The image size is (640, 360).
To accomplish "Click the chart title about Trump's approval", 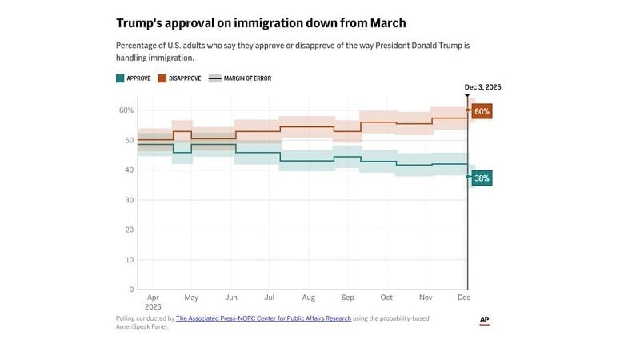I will pyautogui.click(x=261, y=23).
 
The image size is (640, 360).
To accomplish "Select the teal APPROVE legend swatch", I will pyautogui.click(x=120, y=78).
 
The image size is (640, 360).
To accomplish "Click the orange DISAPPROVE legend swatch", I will pyautogui.click(x=161, y=78).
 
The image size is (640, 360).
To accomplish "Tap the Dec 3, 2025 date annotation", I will pyautogui.click(x=482, y=87).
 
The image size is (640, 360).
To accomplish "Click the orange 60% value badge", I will pyautogui.click(x=482, y=111).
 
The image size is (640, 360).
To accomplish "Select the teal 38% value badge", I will pyautogui.click(x=482, y=178).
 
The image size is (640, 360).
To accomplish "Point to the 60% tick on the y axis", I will pyautogui.click(x=126, y=110).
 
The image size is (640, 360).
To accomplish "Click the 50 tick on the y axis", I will pyautogui.click(x=128, y=140).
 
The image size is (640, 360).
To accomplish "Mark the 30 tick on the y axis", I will pyautogui.click(x=128, y=200).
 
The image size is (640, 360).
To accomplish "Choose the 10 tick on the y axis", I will pyautogui.click(x=128, y=260).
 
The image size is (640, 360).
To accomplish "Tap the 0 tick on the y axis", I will pyautogui.click(x=130, y=290).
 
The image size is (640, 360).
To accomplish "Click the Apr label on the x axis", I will pyautogui.click(x=152, y=297).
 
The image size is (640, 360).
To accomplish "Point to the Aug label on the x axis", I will pyautogui.click(x=308, y=297).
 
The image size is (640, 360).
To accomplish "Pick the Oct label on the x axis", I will pyautogui.click(x=386, y=297).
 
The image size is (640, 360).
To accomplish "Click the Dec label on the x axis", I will pyautogui.click(x=463, y=297).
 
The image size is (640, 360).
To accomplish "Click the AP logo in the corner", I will pyautogui.click(x=484, y=320).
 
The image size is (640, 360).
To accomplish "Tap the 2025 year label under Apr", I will pyautogui.click(x=154, y=306).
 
